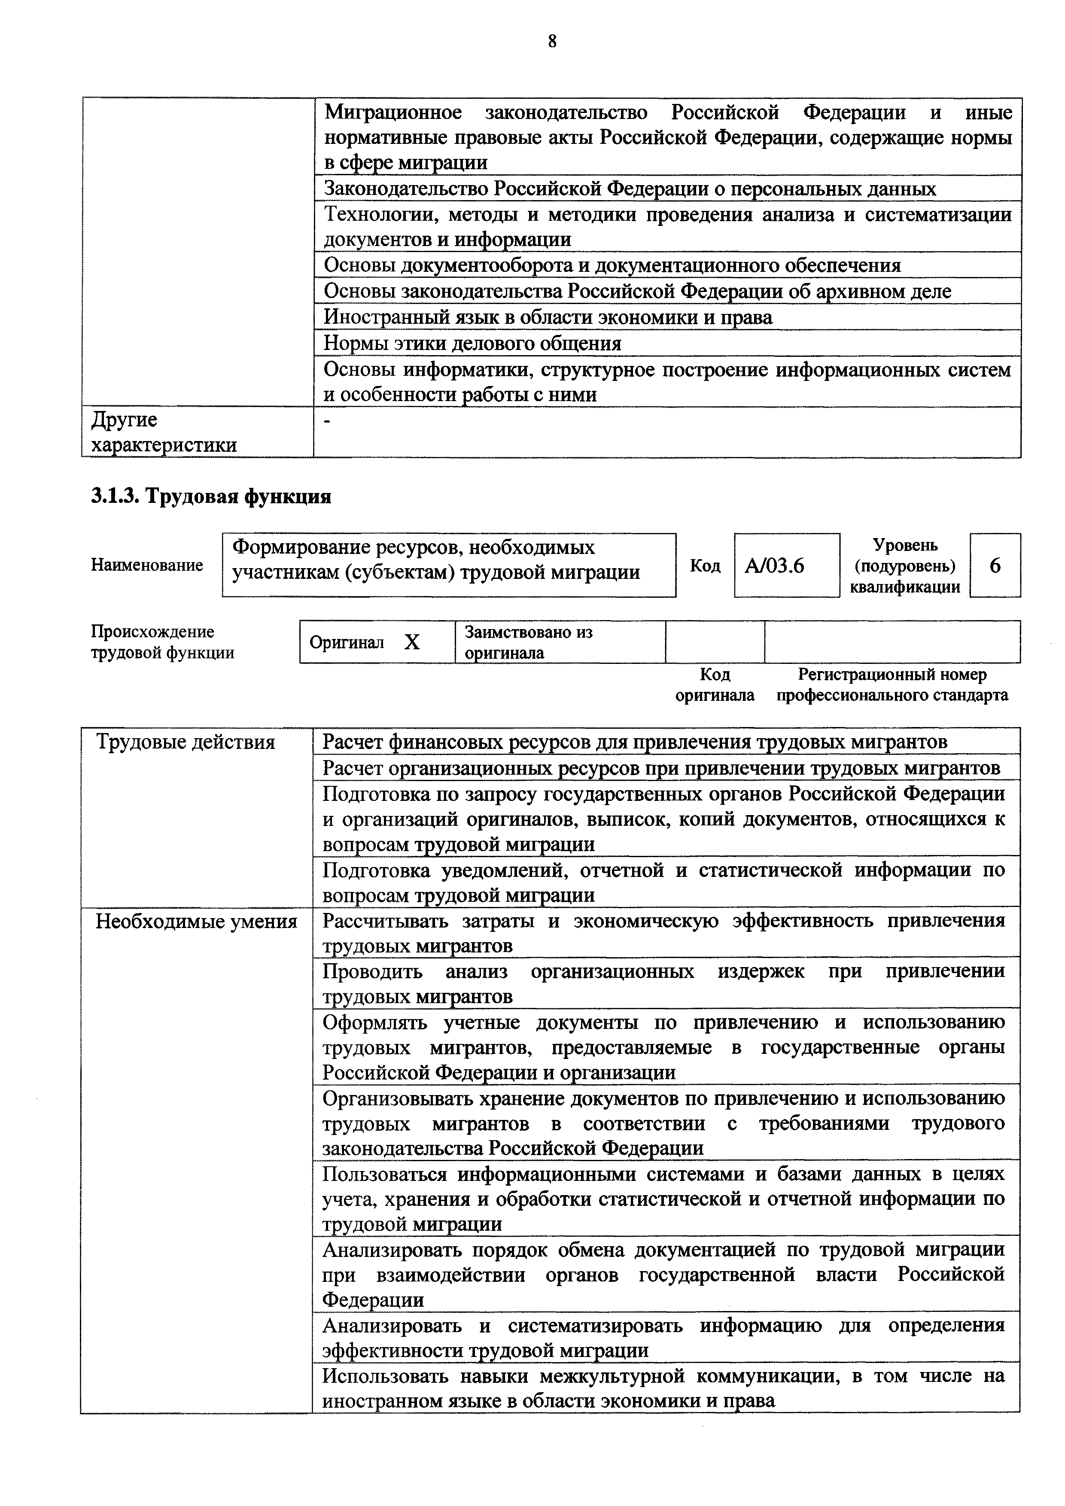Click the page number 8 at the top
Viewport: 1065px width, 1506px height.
tap(551, 41)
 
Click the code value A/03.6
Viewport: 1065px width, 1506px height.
tap(774, 566)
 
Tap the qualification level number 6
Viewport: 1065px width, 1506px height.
tap(995, 566)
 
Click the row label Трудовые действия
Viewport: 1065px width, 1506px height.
tap(186, 742)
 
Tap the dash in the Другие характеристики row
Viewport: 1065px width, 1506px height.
tap(328, 420)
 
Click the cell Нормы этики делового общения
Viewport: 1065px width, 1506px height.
tap(472, 343)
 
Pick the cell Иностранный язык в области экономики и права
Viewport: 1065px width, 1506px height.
tap(548, 317)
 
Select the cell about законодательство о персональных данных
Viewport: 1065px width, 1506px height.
tap(630, 189)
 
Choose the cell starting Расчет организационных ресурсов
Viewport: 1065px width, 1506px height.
tap(661, 767)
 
